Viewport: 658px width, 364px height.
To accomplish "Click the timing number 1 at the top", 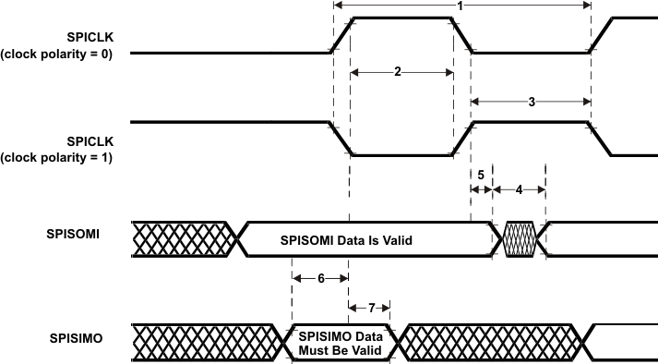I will (460, 6).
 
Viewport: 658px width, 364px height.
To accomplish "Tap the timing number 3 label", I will (531, 103).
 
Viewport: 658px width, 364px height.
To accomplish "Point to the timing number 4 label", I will (519, 189).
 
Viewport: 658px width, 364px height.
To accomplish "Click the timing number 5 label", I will (481, 174).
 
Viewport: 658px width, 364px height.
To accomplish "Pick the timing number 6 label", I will (319, 276).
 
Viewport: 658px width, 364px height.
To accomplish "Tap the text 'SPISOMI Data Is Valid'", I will (345, 240).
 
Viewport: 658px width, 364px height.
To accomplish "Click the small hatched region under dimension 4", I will (520, 237).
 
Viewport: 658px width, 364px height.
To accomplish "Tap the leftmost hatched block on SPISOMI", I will (180, 237).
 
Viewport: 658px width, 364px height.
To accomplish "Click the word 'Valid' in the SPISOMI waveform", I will (392, 240).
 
